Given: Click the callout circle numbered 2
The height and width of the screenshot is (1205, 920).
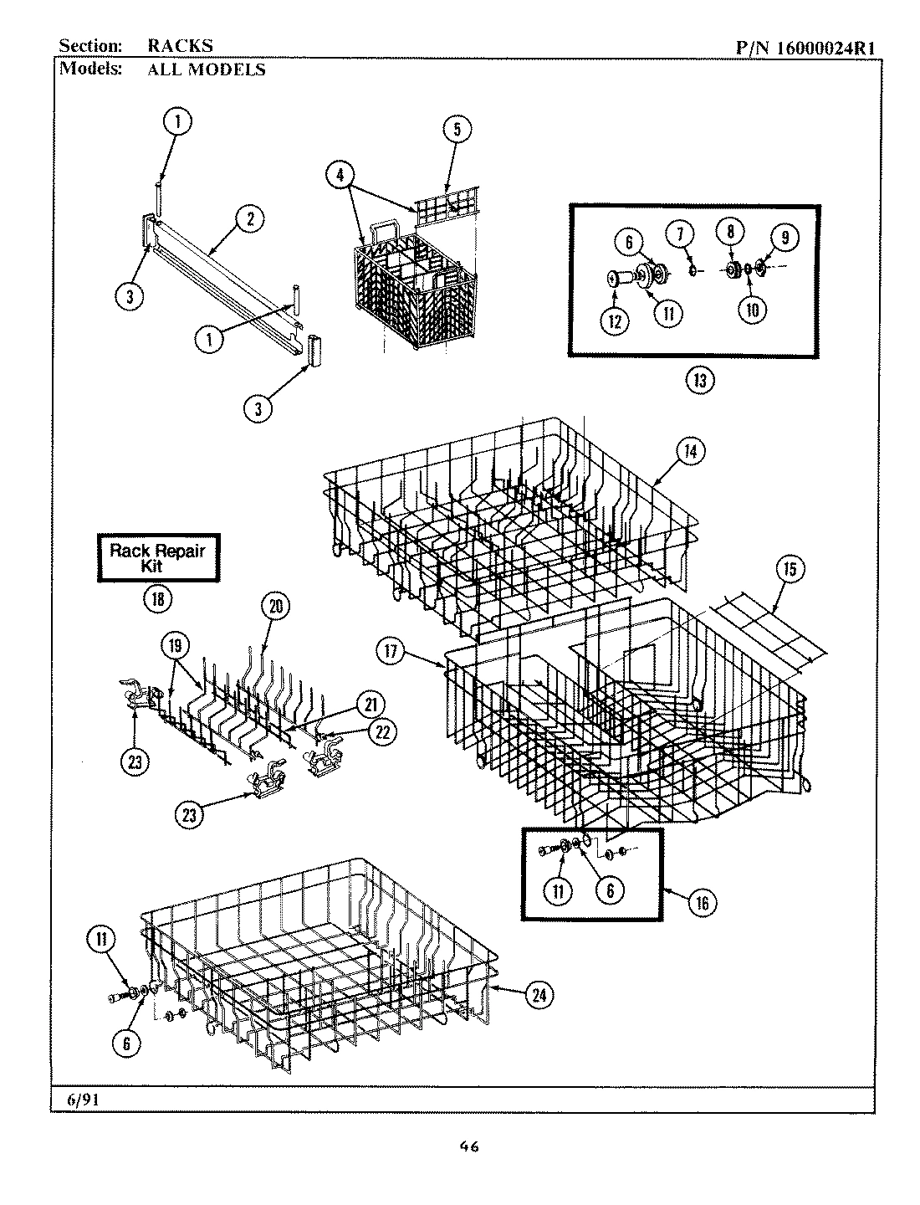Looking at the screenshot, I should [x=248, y=220].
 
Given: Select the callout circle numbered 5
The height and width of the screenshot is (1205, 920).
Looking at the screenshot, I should [x=457, y=128].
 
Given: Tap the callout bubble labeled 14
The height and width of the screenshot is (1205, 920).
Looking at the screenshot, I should [x=689, y=451].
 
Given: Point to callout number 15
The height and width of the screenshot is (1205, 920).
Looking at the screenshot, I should [x=790, y=569].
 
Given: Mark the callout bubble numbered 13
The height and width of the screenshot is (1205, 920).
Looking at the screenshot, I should [x=700, y=381].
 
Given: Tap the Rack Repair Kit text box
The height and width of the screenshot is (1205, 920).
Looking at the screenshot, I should [x=158, y=557].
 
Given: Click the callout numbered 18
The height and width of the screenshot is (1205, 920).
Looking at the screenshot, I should [x=158, y=598].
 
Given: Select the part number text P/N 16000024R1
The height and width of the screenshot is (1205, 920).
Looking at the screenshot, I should [x=805, y=48].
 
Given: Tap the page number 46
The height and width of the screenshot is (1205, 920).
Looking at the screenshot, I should [x=468, y=1147].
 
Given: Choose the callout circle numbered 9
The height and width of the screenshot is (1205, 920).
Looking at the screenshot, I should [x=785, y=238].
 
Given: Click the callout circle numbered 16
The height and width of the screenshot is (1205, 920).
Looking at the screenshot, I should [x=700, y=902].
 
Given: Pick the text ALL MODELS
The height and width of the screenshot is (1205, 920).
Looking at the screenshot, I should [x=207, y=70].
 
